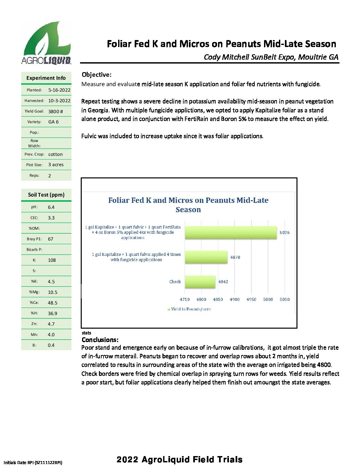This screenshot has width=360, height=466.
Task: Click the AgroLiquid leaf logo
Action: click(x=46, y=42)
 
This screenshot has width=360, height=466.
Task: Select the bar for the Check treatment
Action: click(x=200, y=282)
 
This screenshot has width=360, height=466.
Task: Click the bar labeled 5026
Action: click(x=231, y=232)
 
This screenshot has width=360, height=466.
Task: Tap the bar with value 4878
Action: click(x=206, y=257)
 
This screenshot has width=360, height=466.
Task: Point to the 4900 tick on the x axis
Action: click(x=235, y=299)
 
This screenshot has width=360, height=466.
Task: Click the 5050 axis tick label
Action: click(x=285, y=299)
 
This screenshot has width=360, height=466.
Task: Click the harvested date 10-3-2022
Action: click(x=59, y=101)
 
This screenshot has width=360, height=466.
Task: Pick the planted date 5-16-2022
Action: click(x=59, y=90)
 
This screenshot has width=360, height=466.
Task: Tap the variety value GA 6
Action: click(x=53, y=122)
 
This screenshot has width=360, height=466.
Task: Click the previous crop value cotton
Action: click(x=55, y=154)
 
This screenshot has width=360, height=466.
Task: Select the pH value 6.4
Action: click(x=51, y=207)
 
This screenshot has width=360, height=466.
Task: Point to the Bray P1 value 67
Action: click(x=50, y=239)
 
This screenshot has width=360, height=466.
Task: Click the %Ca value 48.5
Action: click(x=52, y=303)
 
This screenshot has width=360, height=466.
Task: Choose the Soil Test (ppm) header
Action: click(x=46, y=195)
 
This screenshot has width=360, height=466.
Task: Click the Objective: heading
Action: click(x=97, y=74)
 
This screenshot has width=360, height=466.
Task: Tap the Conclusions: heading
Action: click(x=100, y=340)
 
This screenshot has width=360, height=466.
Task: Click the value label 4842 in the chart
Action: click(x=223, y=282)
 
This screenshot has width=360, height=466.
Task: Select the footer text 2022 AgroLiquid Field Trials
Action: click(x=179, y=459)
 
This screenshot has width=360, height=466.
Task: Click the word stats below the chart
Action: click(x=86, y=333)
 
